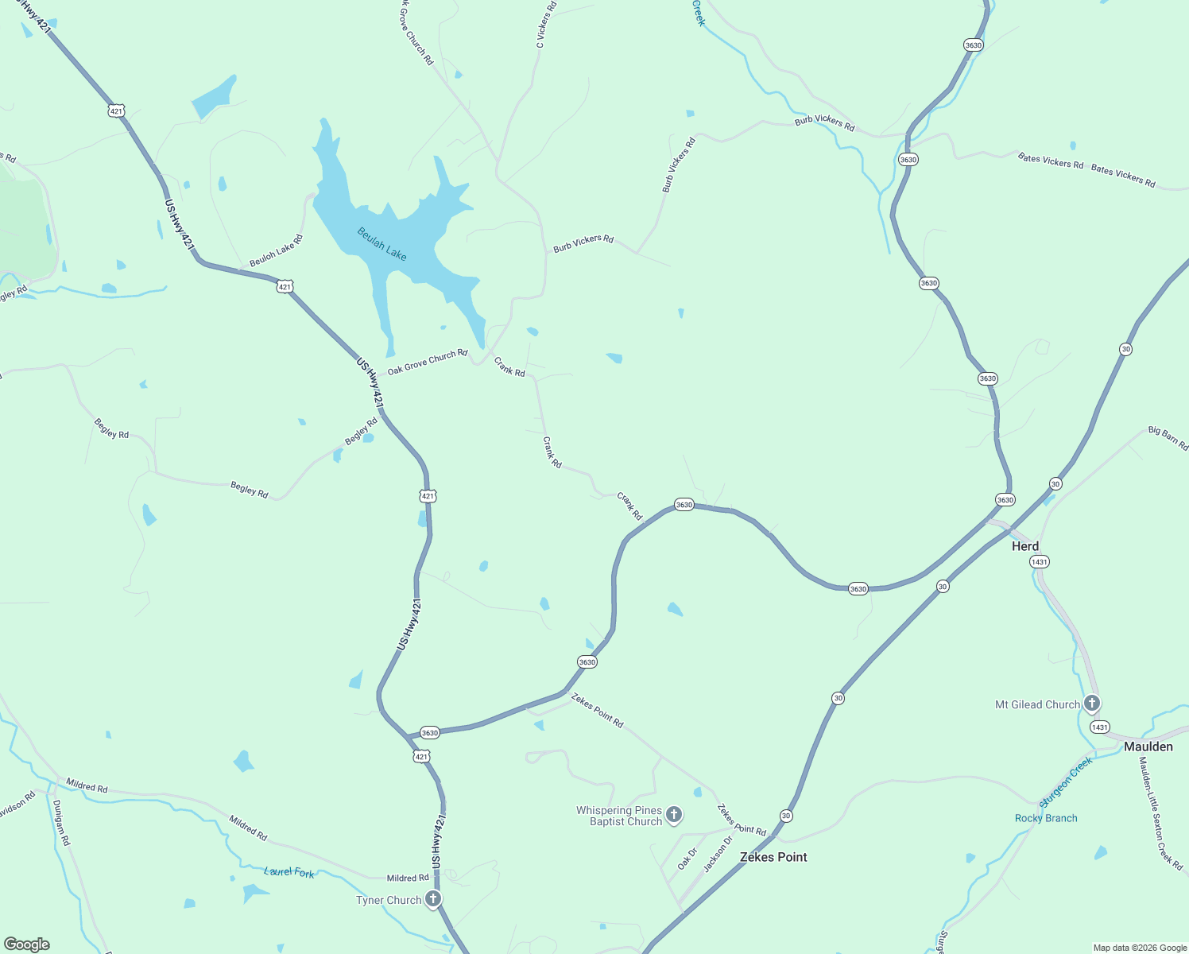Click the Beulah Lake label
pyautogui.click(x=382, y=244)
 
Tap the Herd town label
pyautogui.click(x=1024, y=546)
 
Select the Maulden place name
pyautogui.click(x=1148, y=747)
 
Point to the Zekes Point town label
pyautogui.click(x=773, y=857)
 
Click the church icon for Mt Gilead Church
pyautogui.click(x=1092, y=703)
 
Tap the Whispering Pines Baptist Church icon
pyautogui.click(x=674, y=814)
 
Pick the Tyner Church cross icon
pyautogui.click(x=433, y=899)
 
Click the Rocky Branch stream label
pyautogui.click(x=1046, y=818)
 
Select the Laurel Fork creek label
pyautogui.click(x=289, y=872)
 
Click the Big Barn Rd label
pyautogui.click(x=1168, y=438)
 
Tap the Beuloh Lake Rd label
pyautogui.click(x=276, y=250)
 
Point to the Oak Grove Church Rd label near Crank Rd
pyautogui.click(x=428, y=362)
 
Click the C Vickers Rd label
pyautogui.click(x=546, y=25)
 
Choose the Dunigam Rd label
pyautogui.click(x=61, y=823)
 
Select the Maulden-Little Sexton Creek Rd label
pyautogui.click(x=1160, y=812)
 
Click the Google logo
pyautogui.click(x=26, y=944)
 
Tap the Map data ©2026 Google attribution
pyautogui.click(x=1140, y=948)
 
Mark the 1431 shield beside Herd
pyautogui.click(x=1039, y=562)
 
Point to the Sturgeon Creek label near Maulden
pyautogui.click(x=1067, y=780)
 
